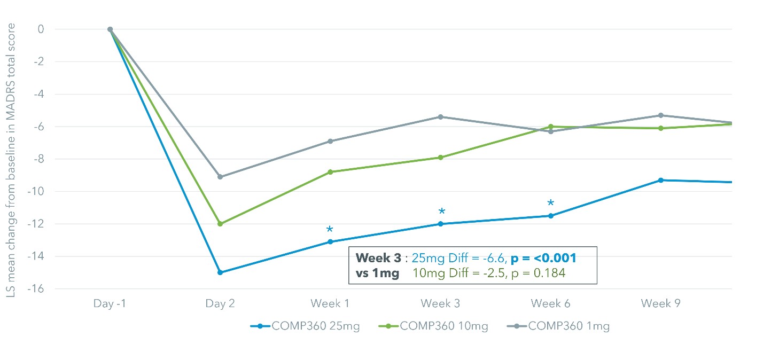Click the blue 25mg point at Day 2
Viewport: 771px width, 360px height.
[x=220, y=272]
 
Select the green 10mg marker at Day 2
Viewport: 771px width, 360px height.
[x=220, y=224]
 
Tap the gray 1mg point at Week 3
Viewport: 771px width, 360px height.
[x=441, y=116]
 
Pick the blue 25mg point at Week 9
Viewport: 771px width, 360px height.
[x=661, y=180]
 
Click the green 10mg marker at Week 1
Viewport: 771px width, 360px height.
[x=330, y=172]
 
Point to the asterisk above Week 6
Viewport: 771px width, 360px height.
[x=551, y=204]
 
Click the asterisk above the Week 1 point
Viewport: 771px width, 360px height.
[x=330, y=230]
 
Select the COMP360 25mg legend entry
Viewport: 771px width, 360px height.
[x=305, y=326]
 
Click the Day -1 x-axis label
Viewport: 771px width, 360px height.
[x=110, y=304]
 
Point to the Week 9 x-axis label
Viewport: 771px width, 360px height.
[x=661, y=304]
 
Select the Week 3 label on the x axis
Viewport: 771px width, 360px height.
[x=440, y=304]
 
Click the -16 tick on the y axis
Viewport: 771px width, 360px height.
[x=38, y=289]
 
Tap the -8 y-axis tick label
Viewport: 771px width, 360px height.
[x=40, y=159]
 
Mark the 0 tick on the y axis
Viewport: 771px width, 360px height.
[x=42, y=29]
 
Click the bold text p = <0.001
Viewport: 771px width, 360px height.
[x=543, y=258]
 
